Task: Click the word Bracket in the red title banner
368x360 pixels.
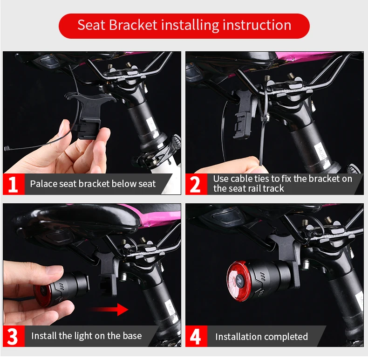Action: [133, 25]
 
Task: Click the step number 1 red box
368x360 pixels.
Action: [14, 184]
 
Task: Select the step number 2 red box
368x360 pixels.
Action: [196, 184]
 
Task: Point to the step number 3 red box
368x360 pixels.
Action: [14, 336]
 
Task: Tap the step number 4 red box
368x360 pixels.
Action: [196, 336]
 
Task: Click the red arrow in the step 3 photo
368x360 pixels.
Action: [108, 309]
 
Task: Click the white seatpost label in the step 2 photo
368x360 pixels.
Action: [320, 153]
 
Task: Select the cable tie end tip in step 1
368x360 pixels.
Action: [6, 148]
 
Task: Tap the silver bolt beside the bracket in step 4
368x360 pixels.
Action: [306, 264]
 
